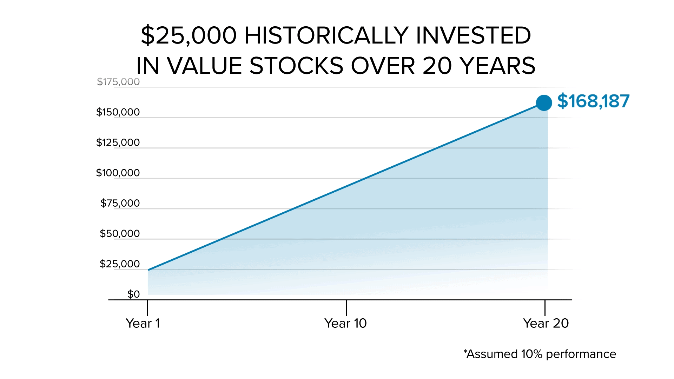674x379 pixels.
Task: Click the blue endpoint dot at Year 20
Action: pyautogui.click(x=544, y=103)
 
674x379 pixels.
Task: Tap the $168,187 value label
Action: pyautogui.click(x=593, y=101)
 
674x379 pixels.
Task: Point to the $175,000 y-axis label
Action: pyautogui.click(x=118, y=82)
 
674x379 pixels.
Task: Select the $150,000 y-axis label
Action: pyautogui.click(x=118, y=112)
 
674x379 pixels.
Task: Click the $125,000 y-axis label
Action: pyautogui.click(x=118, y=142)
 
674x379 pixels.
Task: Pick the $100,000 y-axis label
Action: pyautogui.click(x=118, y=173)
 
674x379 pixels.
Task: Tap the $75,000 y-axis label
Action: pyautogui.click(x=120, y=203)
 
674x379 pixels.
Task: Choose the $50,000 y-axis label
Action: pyautogui.click(x=120, y=233)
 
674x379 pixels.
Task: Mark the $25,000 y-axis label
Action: pyautogui.click(x=120, y=264)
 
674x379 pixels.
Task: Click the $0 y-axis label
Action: pyautogui.click(x=133, y=294)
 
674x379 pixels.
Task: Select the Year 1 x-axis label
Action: pyautogui.click(x=143, y=323)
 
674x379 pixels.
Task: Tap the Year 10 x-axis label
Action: pyautogui.click(x=345, y=323)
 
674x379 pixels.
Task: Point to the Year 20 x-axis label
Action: pyautogui.click(x=546, y=323)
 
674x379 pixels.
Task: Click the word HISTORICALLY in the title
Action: pyautogui.click(x=326, y=35)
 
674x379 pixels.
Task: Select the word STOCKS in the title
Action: pyautogui.click(x=296, y=66)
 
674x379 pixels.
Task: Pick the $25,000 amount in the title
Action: pyautogui.click(x=189, y=35)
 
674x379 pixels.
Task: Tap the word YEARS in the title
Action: pyautogui.click(x=497, y=66)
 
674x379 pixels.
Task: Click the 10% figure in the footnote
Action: pyautogui.click(x=532, y=354)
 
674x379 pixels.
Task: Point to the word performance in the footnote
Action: pyautogui.click(x=581, y=354)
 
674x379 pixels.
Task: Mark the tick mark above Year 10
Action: pyautogui.click(x=346, y=308)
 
